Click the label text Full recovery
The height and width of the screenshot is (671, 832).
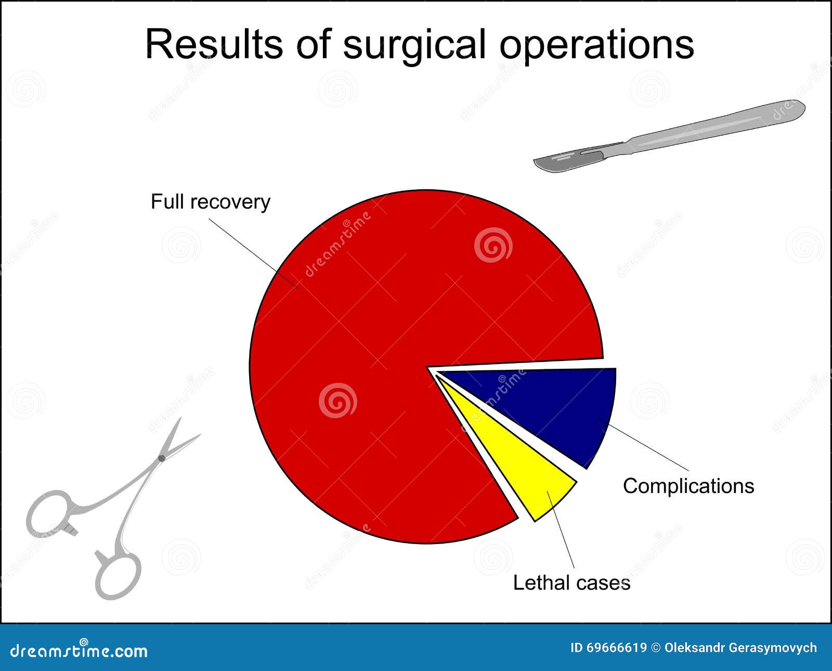(210, 202)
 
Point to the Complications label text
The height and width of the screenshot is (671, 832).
(688, 486)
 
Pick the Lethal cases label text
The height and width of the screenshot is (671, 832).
(571, 583)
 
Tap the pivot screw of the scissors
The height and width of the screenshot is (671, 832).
(161, 458)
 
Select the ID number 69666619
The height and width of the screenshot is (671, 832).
(616, 648)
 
